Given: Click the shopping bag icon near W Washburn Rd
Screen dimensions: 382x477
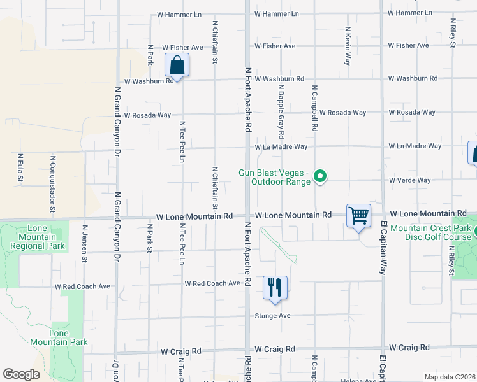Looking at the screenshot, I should tap(177, 65).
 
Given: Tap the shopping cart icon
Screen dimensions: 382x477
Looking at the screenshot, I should tap(359, 216).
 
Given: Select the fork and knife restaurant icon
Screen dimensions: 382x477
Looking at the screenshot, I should tap(275, 287).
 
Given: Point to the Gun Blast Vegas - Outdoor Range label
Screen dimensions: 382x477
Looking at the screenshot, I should tap(274, 177).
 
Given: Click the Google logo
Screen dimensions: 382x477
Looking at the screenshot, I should tap(21, 374).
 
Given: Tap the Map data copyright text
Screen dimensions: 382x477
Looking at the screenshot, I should tap(449, 377).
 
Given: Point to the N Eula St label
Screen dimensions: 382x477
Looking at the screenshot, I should tap(20, 167).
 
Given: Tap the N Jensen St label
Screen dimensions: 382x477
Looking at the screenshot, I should tap(84, 243).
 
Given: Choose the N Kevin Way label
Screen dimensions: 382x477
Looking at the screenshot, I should tap(348, 46).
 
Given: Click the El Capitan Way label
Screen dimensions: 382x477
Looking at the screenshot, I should tap(384, 249).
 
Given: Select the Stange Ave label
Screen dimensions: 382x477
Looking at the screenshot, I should tap(273, 316).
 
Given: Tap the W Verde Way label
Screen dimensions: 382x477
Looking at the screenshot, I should tap(410, 180).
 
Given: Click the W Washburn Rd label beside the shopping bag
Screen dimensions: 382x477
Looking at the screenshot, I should tap(149, 81).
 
